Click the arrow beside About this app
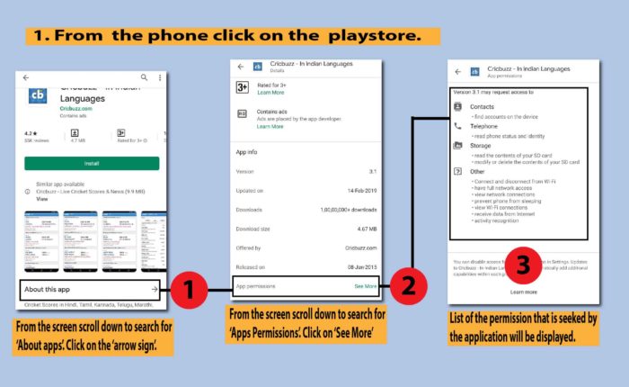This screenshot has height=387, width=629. tap(155, 289)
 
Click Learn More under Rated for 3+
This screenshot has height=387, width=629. tap(270, 93)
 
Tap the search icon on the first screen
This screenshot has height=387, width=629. tap(144, 78)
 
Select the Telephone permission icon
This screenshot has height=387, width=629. tap(458, 127)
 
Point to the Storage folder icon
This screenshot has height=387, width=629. tap(458, 146)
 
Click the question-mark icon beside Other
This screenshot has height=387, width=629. tap(458, 171)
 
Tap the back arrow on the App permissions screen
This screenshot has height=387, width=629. tap(458, 70)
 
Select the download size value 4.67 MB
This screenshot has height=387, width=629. tap(362, 229)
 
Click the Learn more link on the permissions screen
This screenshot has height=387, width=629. tap(524, 292)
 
